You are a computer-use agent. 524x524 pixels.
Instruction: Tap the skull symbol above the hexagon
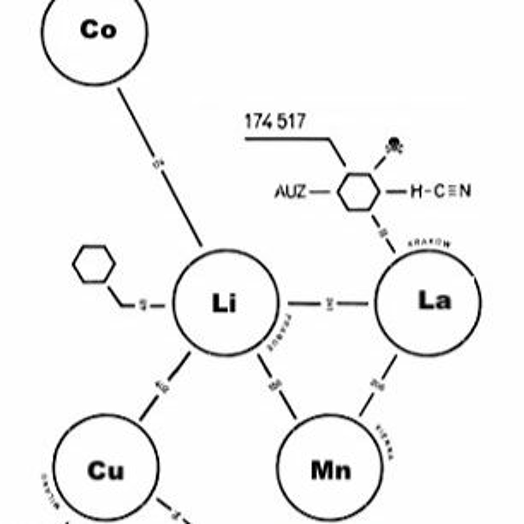coord(395,147)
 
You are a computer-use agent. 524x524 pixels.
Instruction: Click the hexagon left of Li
coord(94,264)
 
